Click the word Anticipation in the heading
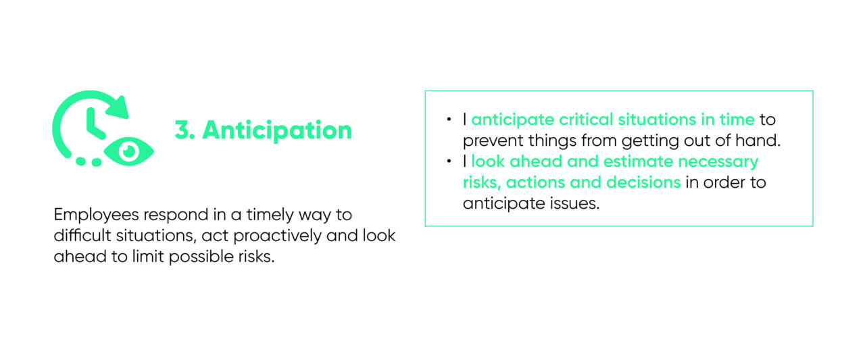tap(277, 130)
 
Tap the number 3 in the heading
tap(182, 130)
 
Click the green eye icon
tap(128, 152)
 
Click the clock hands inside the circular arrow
tap(94, 124)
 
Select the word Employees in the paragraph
tap(96, 215)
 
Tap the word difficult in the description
tap(82, 235)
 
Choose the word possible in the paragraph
tap(201, 257)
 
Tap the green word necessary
tap(718, 162)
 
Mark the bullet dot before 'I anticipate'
tap(449, 120)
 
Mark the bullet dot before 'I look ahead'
tap(449, 161)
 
